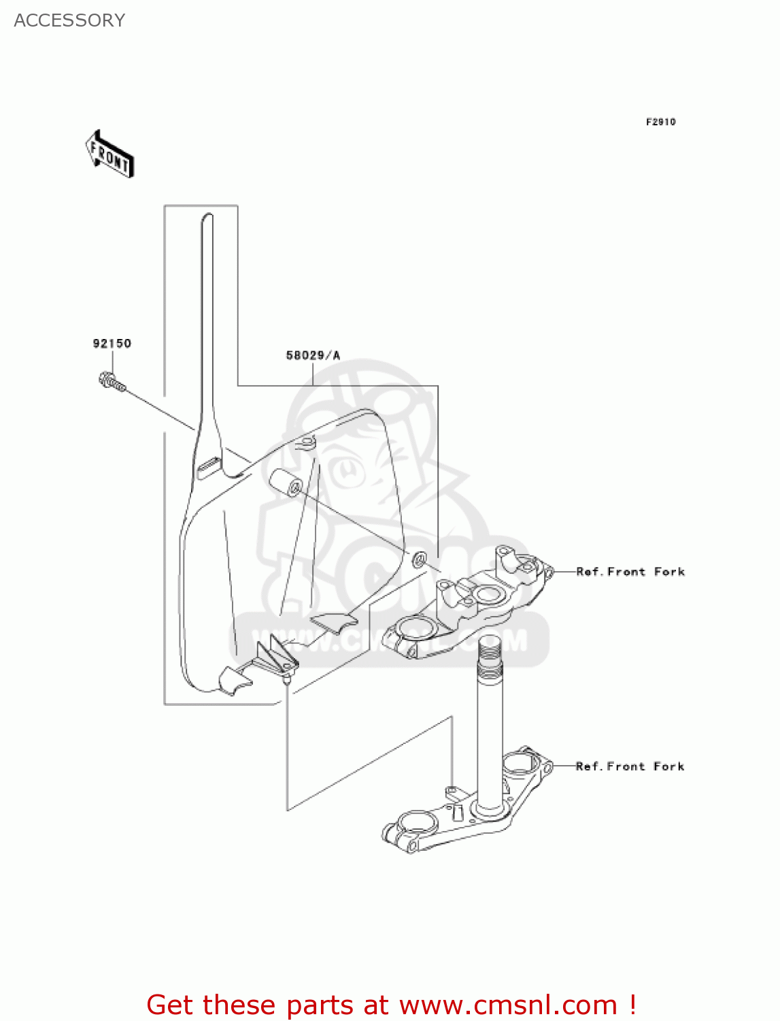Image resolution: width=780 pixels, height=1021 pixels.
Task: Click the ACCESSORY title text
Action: coord(69,20)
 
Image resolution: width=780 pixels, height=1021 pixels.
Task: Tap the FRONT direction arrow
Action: coord(109,155)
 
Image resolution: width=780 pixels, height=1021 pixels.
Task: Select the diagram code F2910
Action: coord(660,122)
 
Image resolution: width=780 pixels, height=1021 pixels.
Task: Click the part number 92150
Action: coord(112,343)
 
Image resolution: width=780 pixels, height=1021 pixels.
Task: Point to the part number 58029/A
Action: coord(312,355)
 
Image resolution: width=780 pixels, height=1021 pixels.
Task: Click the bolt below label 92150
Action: coord(112,382)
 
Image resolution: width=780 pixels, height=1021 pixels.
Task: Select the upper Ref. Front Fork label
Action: coord(630,572)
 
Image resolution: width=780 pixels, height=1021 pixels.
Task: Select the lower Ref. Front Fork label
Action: coord(630,766)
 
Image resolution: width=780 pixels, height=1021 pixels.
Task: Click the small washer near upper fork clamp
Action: coord(420,560)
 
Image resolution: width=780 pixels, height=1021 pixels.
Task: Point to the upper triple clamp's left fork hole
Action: coord(416,626)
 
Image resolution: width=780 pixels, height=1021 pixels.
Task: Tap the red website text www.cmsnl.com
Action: coord(507,1005)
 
